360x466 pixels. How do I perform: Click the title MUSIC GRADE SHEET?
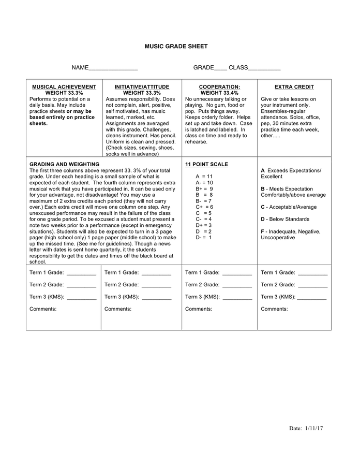pos(176,47)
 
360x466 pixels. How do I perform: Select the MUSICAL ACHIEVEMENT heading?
pos(64,87)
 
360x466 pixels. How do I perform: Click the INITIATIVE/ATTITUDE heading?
pos(142,87)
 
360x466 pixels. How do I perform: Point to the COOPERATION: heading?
pos(219,87)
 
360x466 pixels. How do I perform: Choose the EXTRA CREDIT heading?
pos(294,87)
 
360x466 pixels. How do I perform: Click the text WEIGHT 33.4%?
pos(219,93)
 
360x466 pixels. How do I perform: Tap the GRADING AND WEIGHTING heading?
pos(64,165)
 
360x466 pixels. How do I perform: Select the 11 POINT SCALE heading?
pos(206,165)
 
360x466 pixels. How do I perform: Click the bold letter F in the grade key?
pos(263,231)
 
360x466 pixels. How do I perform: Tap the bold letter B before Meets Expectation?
pos(263,189)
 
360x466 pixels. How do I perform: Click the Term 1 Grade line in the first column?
pos(81,273)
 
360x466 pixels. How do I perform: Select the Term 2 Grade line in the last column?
pos(312,285)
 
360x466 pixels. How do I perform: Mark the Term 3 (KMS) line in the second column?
pos(156,297)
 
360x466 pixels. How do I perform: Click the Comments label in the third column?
pos(199,309)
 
